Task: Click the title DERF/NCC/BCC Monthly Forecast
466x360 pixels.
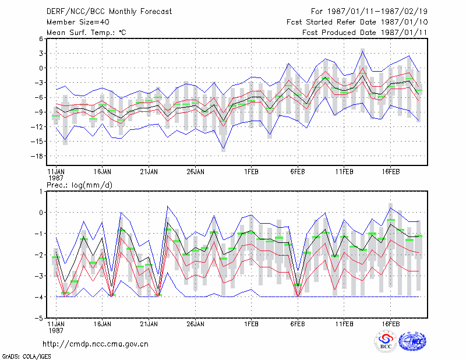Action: click(109, 12)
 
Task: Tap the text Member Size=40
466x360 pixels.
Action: click(78, 22)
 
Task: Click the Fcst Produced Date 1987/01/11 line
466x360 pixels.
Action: click(365, 33)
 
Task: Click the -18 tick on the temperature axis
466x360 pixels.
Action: click(37, 156)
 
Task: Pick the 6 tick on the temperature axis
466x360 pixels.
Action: click(41, 38)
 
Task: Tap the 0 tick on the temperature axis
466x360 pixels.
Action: click(41, 68)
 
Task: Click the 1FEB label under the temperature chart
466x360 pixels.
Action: click(251, 172)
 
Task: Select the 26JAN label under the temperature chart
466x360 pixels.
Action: click(195, 172)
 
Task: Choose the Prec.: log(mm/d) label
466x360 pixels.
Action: click(79, 185)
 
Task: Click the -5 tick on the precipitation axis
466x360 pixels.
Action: click(39, 318)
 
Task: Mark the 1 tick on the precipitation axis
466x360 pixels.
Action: click(41, 192)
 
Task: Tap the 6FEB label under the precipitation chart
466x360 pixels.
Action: click(298, 324)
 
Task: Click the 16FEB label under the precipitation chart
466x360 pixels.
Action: click(390, 324)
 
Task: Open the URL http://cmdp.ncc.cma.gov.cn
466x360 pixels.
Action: click(96, 344)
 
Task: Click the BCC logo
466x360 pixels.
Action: click(386, 341)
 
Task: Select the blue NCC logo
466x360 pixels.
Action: click(412, 341)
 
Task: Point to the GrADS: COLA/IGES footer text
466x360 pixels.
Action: click(26, 357)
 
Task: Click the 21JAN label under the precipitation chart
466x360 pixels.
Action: click(149, 324)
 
